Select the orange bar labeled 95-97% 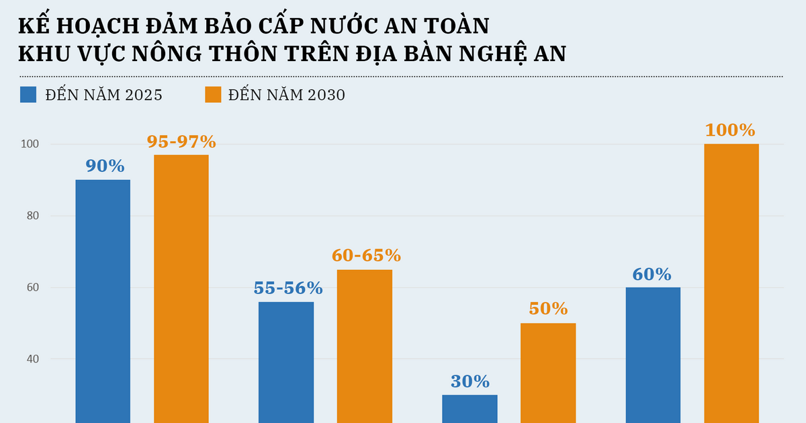tap(181, 289)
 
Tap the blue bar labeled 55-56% tap(286, 363)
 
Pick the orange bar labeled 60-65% tap(365, 346)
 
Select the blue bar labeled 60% tap(653, 355)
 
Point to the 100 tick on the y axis tap(31, 144)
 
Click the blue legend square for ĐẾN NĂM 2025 tap(28, 95)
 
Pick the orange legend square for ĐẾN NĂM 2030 tap(213, 95)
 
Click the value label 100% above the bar tap(731, 130)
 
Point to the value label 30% tap(469, 381)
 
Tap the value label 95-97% tap(181, 142)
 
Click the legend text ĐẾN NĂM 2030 tap(286, 95)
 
